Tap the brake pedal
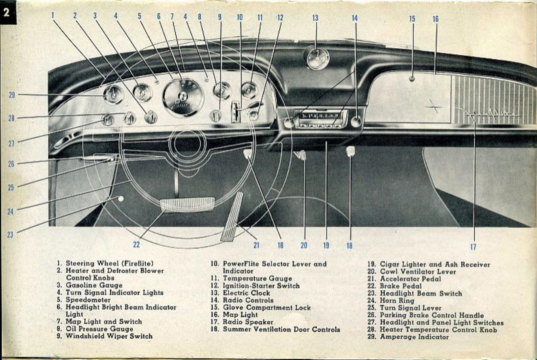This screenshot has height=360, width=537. (x=187, y=204)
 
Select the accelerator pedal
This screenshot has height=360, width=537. (x=232, y=217)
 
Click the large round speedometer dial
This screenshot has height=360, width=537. (x=183, y=97)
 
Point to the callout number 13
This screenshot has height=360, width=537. (x=315, y=18)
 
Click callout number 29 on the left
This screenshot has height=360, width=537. (x=11, y=95)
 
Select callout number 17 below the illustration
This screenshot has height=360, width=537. (x=473, y=247)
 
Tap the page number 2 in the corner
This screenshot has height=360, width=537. (x=7, y=12)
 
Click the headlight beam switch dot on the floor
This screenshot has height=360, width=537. (x=121, y=199)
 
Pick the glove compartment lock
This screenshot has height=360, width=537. (x=412, y=79)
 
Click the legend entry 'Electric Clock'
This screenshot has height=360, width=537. (x=246, y=293)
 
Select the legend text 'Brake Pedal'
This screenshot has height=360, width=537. (x=400, y=286)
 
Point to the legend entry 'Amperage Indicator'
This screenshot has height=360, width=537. (x=414, y=337)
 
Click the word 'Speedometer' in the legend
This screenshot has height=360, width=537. (x=88, y=300)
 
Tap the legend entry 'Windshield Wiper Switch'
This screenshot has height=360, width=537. (x=109, y=336)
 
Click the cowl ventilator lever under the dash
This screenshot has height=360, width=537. (x=302, y=155)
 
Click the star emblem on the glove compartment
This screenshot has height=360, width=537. (x=434, y=106)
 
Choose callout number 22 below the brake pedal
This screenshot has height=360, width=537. (x=136, y=245)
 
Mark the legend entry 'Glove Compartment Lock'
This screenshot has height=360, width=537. (x=267, y=307)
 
